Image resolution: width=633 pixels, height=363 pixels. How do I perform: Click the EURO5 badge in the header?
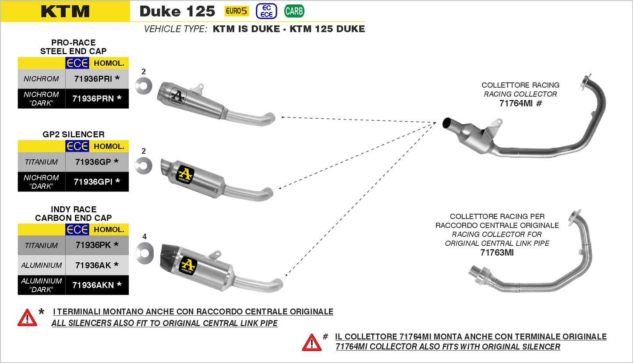point(237,11)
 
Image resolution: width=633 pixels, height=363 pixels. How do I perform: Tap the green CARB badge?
point(294,11)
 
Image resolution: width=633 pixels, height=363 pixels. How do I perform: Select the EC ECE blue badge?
point(266,11)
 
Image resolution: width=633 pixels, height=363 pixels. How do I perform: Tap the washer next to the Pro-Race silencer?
point(143,86)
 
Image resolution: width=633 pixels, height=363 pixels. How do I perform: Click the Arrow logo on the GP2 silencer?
point(185,175)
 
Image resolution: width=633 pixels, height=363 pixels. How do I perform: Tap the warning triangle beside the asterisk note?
point(27,318)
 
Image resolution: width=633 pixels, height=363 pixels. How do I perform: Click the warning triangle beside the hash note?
point(311,342)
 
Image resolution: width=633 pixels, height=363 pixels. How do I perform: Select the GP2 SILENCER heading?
point(74,134)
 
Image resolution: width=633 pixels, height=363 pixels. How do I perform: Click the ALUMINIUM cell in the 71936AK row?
point(41,265)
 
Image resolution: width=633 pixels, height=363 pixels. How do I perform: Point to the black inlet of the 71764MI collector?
point(448,123)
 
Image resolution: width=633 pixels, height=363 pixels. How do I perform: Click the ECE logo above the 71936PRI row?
point(77,63)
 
